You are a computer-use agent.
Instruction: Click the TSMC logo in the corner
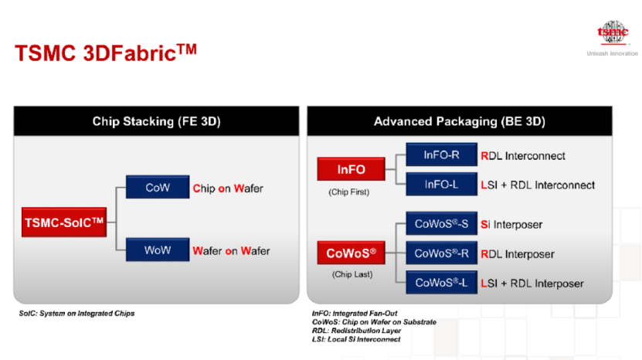[613, 32]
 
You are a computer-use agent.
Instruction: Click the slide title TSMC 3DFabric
[106, 53]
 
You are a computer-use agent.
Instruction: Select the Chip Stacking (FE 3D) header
[156, 121]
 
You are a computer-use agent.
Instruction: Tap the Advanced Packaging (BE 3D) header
[460, 121]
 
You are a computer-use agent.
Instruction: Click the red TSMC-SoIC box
[64, 222]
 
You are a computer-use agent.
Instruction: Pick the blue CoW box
[158, 187]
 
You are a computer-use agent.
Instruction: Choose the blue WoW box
[158, 250]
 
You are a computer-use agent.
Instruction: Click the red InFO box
[352, 169]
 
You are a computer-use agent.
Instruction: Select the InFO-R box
[441, 155]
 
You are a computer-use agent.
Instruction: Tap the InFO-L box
[441, 185]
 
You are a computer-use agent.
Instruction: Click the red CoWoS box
[352, 253]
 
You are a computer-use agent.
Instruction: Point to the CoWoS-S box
[441, 223]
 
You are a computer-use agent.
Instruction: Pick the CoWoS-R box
[441, 253]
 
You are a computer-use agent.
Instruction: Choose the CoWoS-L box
[441, 283]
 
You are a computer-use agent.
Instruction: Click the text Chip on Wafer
[228, 188]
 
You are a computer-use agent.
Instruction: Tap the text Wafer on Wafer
[231, 250]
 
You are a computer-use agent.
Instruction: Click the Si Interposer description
[511, 225]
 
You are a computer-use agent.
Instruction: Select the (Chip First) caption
[349, 192]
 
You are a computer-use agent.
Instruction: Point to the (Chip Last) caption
[352, 274]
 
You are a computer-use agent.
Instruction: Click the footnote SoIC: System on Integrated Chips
[76, 314]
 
